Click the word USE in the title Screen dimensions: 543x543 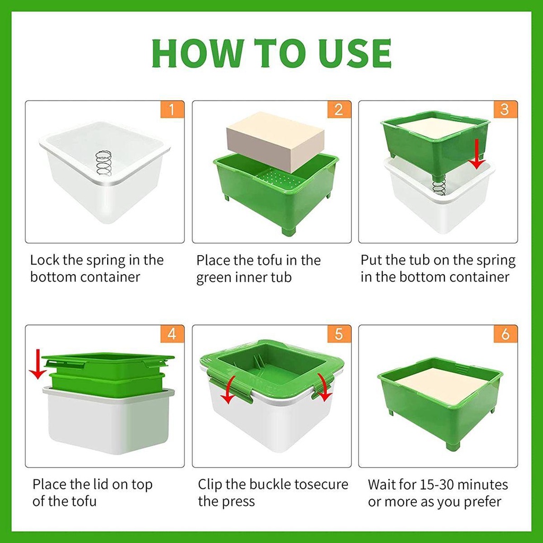pos(356,53)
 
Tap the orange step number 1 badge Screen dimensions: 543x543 pos(172,109)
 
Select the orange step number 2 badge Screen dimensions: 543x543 pos(339,109)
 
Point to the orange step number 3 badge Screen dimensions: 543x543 pos(505,109)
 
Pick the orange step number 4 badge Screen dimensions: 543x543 pos(172,334)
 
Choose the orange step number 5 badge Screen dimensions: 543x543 pos(339,334)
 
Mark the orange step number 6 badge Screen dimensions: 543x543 pos(505,334)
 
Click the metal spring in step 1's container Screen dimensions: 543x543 pos(104,163)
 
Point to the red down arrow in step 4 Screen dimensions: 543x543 pos(38,365)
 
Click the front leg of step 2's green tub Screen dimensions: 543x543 pos(288,230)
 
